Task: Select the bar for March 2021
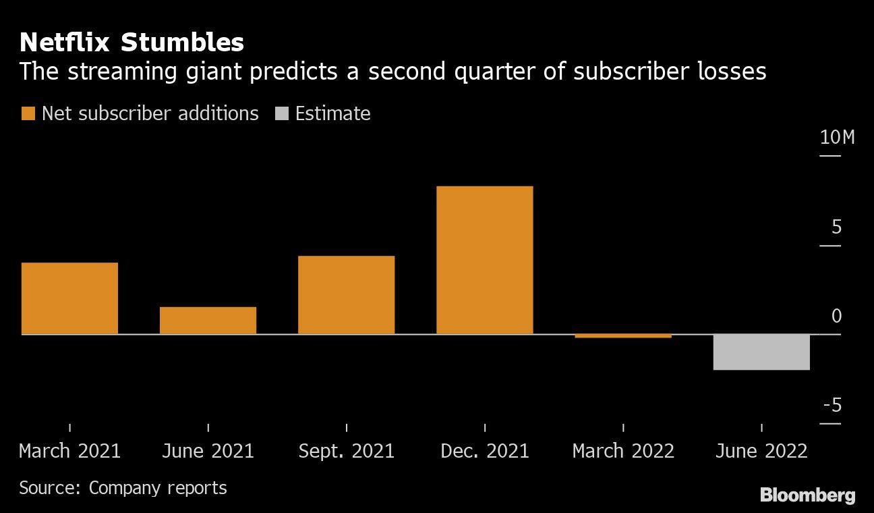[69, 298]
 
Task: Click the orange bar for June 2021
[208, 320]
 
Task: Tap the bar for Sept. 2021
[346, 294]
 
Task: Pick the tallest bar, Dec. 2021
[484, 260]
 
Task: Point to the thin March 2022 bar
[623, 335]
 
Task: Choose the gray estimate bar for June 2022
[761, 352]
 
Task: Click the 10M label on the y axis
[837, 138]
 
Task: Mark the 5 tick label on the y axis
[836, 227]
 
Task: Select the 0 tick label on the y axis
[836, 316]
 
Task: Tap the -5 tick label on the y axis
[834, 405]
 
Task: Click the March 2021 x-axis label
[69, 451]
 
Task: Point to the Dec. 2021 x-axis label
[485, 451]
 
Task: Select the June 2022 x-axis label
[761, 451]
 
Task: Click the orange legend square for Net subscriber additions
[28, 113]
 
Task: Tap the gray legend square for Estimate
[282, 113]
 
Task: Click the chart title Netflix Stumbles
[132, 43]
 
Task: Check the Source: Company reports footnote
[123, 487]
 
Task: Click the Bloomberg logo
[807, 495]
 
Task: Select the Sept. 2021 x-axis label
[346, 451]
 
